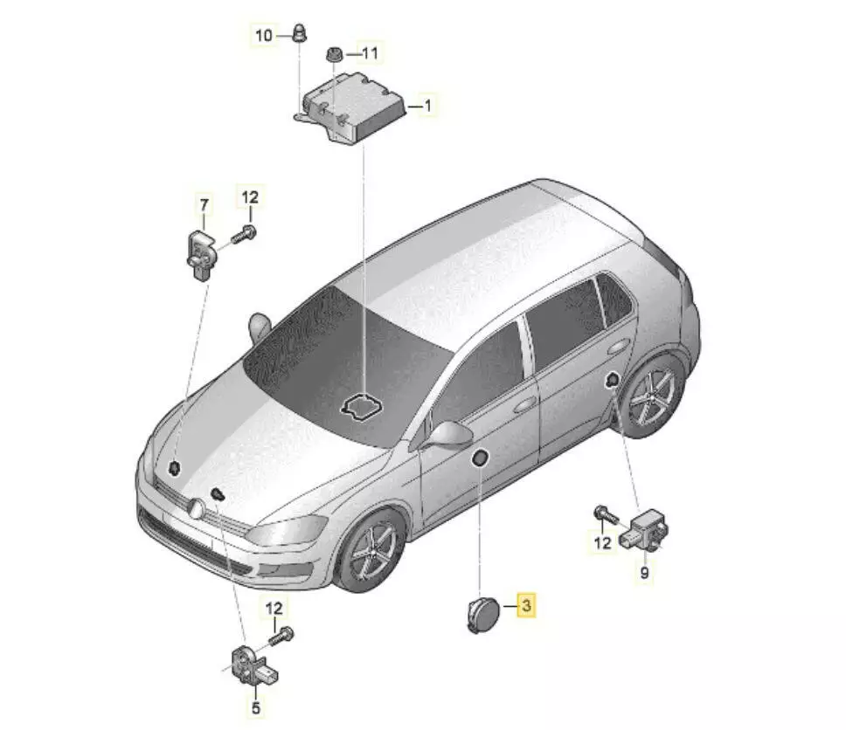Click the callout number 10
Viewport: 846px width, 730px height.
point(263,36)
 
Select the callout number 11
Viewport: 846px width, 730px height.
point(370,53)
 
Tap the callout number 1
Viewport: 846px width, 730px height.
point(428,105)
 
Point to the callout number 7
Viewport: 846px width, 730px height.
point(204,205)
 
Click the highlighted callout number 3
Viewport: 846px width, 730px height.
point(527,605)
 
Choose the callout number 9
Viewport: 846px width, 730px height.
point(644,572)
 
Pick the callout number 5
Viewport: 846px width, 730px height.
point(256,707)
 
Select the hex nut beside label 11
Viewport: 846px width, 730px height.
point(335,54)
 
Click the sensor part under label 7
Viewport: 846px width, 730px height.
point(201,254)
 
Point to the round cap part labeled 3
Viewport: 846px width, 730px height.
point(482,614)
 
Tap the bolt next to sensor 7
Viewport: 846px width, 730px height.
point(244,235)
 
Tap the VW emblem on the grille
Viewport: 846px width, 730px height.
point(195,509)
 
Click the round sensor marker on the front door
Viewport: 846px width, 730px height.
point(480,458)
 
